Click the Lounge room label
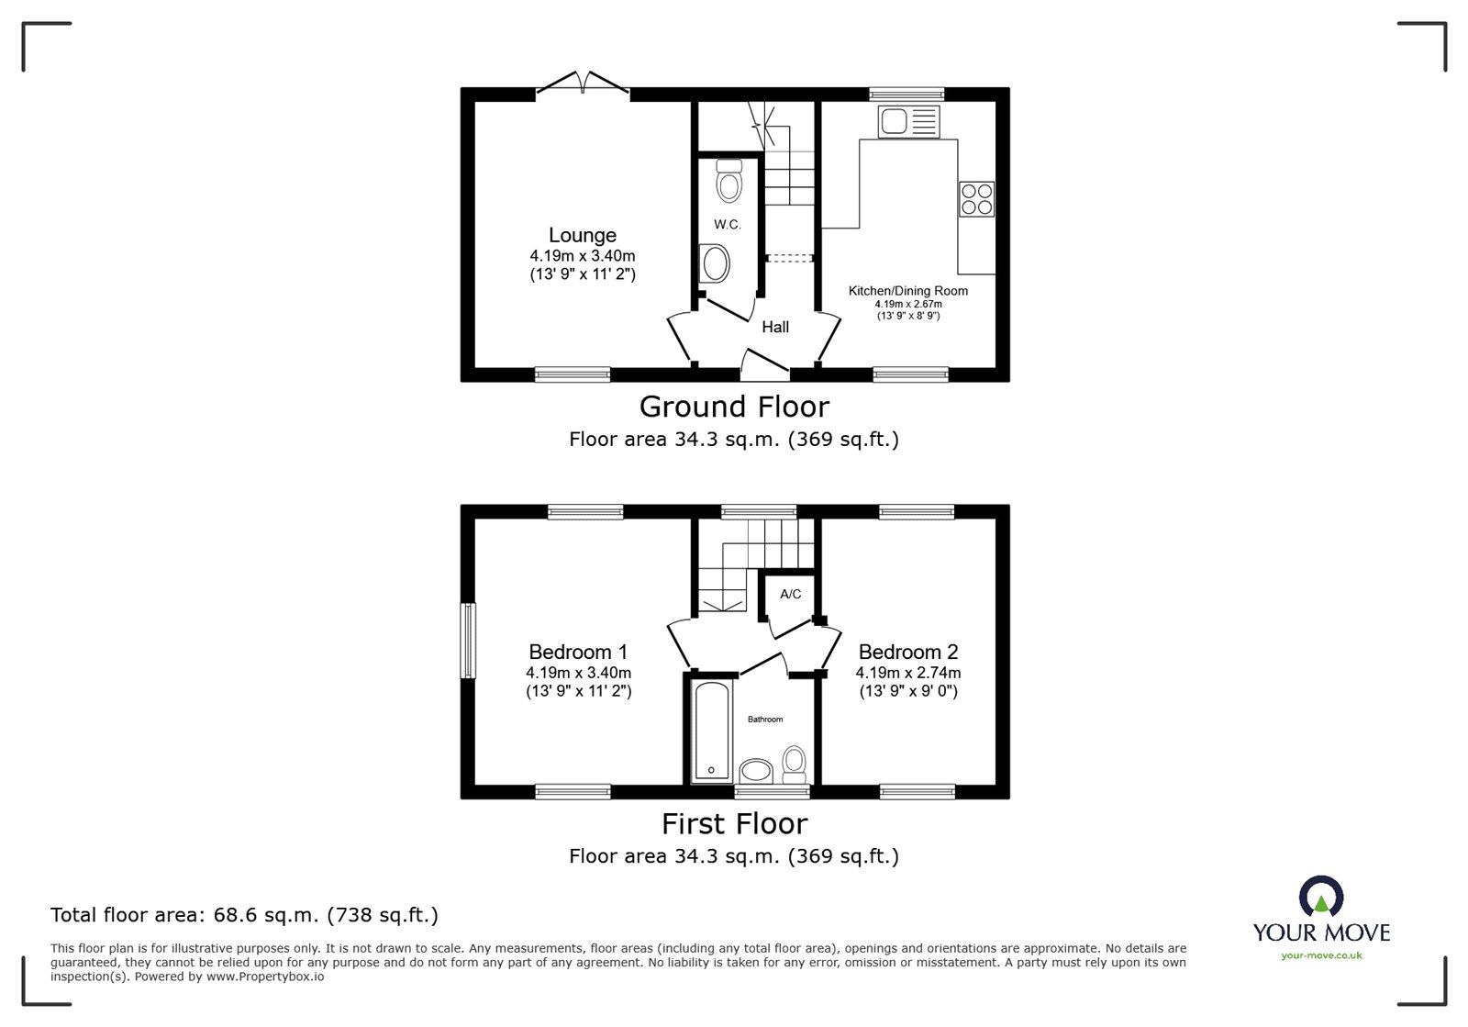point(582,236)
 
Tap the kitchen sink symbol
point(908,122)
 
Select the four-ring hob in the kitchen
point(976,199)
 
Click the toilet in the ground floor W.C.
point(729,181)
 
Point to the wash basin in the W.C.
point(713,264)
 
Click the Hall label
point(775,327)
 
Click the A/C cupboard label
point(790,595)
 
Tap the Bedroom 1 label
point(578,653)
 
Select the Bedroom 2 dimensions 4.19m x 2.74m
point(908,673)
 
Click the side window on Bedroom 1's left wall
point(469,640)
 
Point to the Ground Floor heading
point(734,407)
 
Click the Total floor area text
point(244,915)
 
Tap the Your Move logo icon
point(1321,897)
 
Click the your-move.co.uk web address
point(1321,955)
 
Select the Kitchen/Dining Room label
point(907,291)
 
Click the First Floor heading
point(734,824)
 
